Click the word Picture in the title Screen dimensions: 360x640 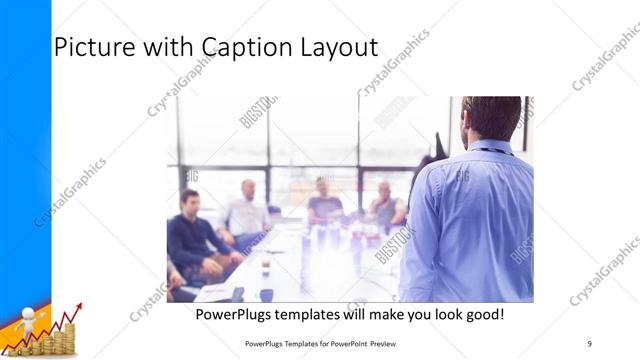[x=94, y=47]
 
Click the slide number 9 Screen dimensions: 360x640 [x=589, y=343]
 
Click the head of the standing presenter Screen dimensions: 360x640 [x=492, y=117]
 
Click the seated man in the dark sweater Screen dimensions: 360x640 [x=192, y=235]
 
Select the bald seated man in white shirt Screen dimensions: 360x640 [x=247, y=213]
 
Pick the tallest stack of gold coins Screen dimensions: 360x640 [x=66, y=340]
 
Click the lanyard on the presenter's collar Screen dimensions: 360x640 [x=492, y=151]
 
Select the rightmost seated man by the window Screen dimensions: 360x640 [x=385, y=207]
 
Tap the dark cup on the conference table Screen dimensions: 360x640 [x=266, y=295]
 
